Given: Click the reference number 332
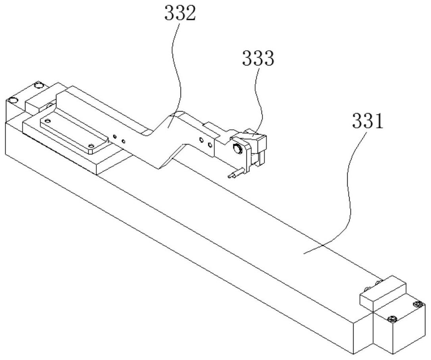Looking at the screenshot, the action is tap(180, 13).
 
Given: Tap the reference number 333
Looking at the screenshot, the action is tap(258, 58).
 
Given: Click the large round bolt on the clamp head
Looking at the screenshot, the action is tap(237, 149).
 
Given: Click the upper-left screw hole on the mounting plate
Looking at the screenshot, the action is tap(48, 121).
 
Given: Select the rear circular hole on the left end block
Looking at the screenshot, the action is tap(39, 86).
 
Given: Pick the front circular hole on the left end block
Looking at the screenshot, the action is tap(12, 100).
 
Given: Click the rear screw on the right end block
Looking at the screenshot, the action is tap(418, 304).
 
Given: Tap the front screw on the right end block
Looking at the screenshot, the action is tap(392, 319).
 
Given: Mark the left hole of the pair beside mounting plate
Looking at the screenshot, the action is tap(115, 136).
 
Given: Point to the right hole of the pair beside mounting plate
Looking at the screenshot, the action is tap(123, 141).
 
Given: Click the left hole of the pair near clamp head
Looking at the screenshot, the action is tap(202, 140).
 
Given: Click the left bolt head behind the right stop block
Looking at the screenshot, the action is tap(367, 288).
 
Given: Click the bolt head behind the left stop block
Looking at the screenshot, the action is tap(50, 105).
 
